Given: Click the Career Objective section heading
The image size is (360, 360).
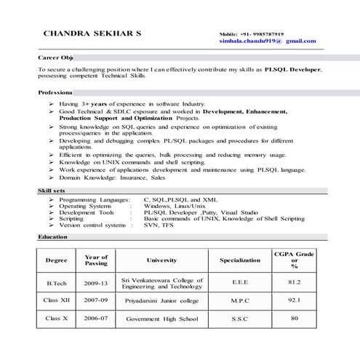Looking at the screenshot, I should (55, 57).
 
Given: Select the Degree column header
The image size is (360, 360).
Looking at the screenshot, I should (56, 260).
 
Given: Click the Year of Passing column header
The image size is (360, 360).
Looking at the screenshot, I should (96, 260).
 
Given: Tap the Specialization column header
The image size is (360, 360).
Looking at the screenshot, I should (239, 260).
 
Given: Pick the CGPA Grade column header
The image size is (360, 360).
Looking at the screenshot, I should (294, 260).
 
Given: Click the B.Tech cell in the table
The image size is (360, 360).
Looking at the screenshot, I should (56, 282).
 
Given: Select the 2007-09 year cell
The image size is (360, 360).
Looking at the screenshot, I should (95, 299).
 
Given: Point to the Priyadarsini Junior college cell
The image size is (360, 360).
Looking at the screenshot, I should (162, 300).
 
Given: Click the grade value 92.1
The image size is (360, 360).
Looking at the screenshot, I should (294, 299).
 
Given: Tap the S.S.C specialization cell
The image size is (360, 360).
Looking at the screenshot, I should (239, 319).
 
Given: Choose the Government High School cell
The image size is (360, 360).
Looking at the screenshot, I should (161, 319).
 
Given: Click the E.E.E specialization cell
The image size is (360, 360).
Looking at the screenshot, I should (239, 282).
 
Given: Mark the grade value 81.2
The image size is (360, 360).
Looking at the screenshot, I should (294, 282).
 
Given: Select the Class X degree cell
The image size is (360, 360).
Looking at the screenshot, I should (56, 318).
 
